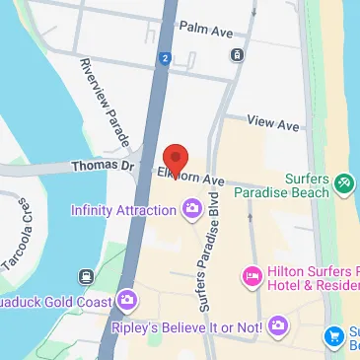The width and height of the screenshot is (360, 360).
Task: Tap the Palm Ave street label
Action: pyautogui.click(x=203, y=32)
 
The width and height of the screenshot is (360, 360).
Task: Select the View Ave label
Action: pyautogui.click(x=273, y=124)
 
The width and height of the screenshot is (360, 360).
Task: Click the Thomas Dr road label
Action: pyautogui.click(x=103, y=167)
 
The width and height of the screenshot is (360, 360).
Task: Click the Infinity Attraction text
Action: pyautogui.click(x=124, y=209)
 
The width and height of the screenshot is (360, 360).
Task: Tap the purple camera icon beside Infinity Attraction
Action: pyautogui.click(x=191, y=208)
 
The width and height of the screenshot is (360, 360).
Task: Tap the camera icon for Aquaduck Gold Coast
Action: pyautogui.click(x=125, y=300)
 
